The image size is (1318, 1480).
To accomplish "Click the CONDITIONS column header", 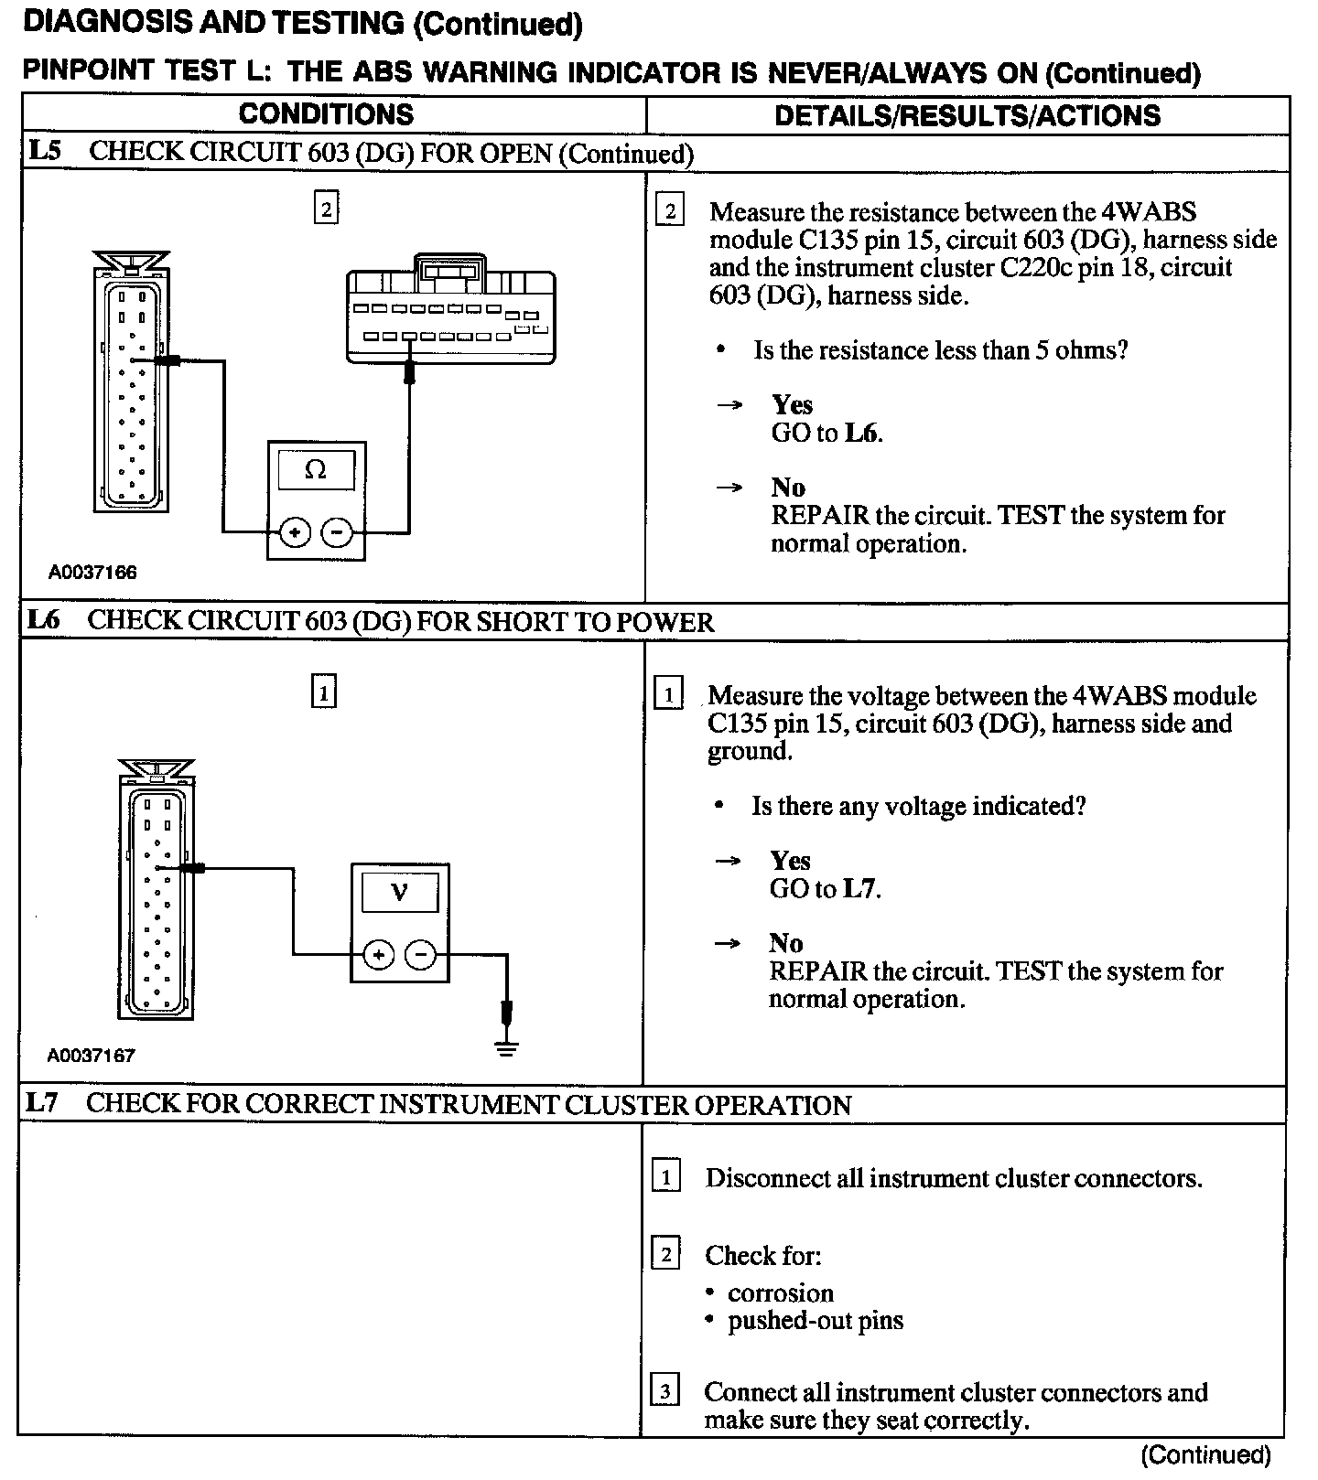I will point(326,114).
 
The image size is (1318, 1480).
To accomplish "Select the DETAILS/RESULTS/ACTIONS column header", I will point(967,115).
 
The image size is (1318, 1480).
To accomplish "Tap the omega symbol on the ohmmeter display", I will point(315,470).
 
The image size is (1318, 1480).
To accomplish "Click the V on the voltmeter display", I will point(399,891).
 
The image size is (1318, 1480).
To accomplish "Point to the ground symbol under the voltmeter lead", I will point(506,1046).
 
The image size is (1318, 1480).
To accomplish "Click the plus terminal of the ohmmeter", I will point(295,531).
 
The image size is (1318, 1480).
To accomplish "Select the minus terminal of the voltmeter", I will point(421,956).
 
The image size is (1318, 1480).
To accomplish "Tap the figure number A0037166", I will point(92,573).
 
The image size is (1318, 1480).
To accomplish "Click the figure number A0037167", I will point(92,1055).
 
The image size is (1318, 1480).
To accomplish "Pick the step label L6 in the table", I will point(42,620).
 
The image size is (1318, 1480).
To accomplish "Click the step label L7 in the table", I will point(42,1103).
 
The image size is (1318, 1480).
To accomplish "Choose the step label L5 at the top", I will point(44,151).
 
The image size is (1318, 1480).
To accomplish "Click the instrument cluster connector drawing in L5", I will point(450,311).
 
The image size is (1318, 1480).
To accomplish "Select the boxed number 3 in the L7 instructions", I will point(664,1392).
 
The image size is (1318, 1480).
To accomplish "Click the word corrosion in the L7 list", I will point(781,1292).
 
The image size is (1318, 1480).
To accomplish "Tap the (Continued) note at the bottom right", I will point(1205,1454).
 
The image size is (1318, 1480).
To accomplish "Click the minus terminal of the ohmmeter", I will point(338,531).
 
